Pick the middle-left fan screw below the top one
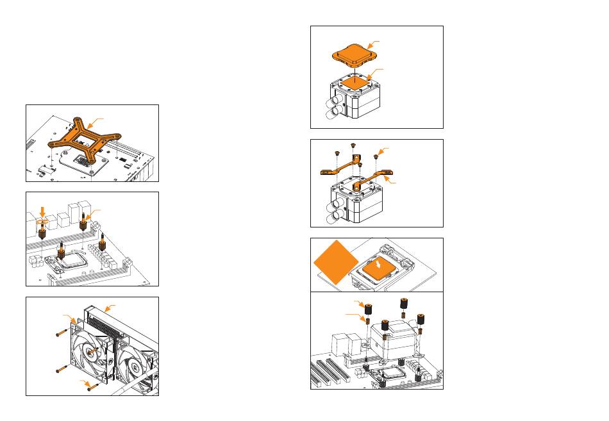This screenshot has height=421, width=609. coord(62,368)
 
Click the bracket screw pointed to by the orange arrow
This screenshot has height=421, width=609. coord(376,156)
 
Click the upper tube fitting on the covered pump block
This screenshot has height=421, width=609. coord(333,100)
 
